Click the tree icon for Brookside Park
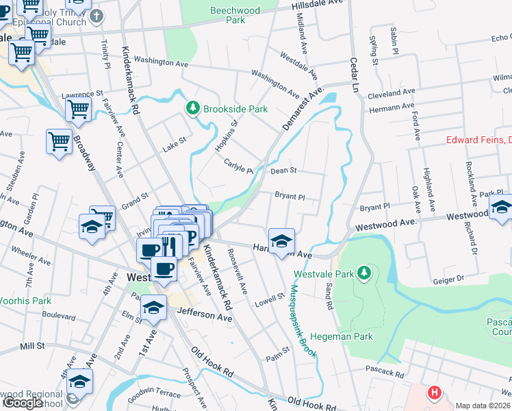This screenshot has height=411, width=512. point(193,108)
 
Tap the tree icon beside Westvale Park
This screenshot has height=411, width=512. point(365,273)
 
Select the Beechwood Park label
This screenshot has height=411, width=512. point(228,16)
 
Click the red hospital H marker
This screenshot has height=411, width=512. point(433,393)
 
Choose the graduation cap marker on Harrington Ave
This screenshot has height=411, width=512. point(281,241)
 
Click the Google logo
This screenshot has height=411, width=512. point(23,403)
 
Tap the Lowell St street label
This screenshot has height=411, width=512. point(270,299)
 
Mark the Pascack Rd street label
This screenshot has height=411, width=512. point(385,374)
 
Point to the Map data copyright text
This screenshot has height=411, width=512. point(483,406)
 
